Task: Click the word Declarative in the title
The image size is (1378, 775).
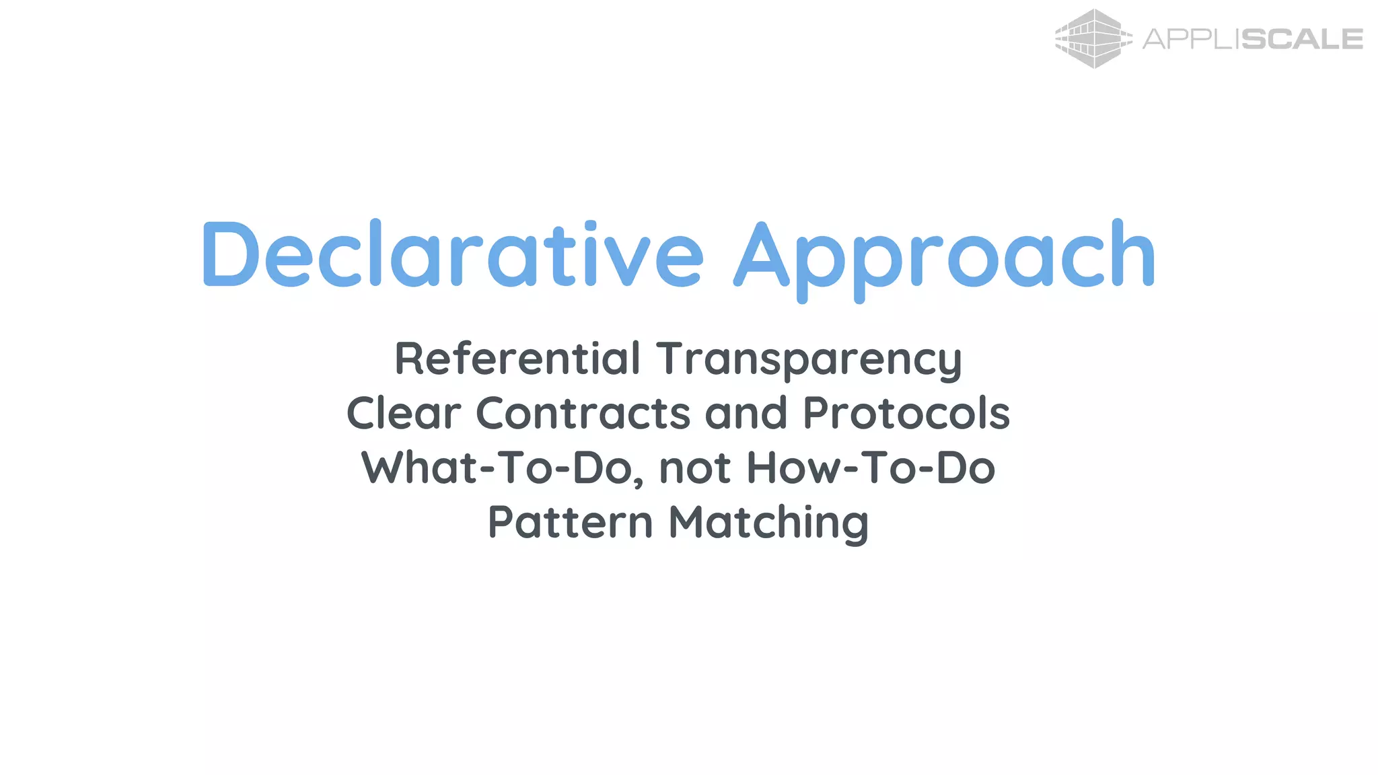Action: (452, 254)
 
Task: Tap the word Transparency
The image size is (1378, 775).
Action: (809, 359)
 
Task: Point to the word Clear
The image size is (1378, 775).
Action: (404, 412)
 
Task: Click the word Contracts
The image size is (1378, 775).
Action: (583, 412)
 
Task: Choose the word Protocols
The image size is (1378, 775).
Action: (906, 412)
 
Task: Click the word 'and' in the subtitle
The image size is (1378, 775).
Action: (746, 412)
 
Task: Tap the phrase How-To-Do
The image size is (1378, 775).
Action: (871, 468)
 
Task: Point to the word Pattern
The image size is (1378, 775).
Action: (570, 522)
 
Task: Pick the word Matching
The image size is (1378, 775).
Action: (769, 523)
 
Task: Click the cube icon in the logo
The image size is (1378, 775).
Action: (1093, 38)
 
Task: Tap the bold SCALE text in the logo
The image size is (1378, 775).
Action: (1301, 39)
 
